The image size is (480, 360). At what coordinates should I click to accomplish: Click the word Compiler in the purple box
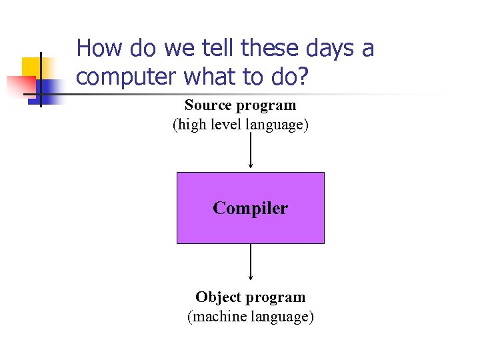click(250, 209)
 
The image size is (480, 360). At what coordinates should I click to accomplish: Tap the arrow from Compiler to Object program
click(250, 262)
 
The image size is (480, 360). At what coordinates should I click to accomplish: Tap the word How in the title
click(99, 48)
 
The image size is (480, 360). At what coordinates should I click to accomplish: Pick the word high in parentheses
click(191, 125)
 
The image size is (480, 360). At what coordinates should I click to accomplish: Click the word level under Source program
click(226, 125)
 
